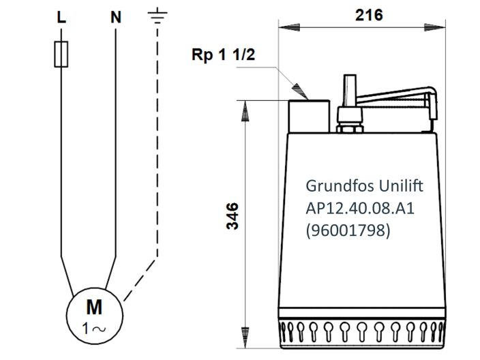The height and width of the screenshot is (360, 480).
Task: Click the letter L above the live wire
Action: (x=61, y=18)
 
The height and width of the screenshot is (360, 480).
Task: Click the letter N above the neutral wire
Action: (x=116, y=18)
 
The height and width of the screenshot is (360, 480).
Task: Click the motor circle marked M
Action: (x=93, y=313)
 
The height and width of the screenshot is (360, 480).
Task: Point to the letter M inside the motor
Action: (x=93, y=304)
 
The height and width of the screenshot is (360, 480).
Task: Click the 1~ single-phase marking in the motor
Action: (x=93, y=327)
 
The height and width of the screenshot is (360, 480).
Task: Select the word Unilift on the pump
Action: (x=387, y=185)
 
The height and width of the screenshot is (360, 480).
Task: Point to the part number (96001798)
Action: (x=348, y=230)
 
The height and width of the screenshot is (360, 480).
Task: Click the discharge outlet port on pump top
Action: (x=311, y=115)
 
